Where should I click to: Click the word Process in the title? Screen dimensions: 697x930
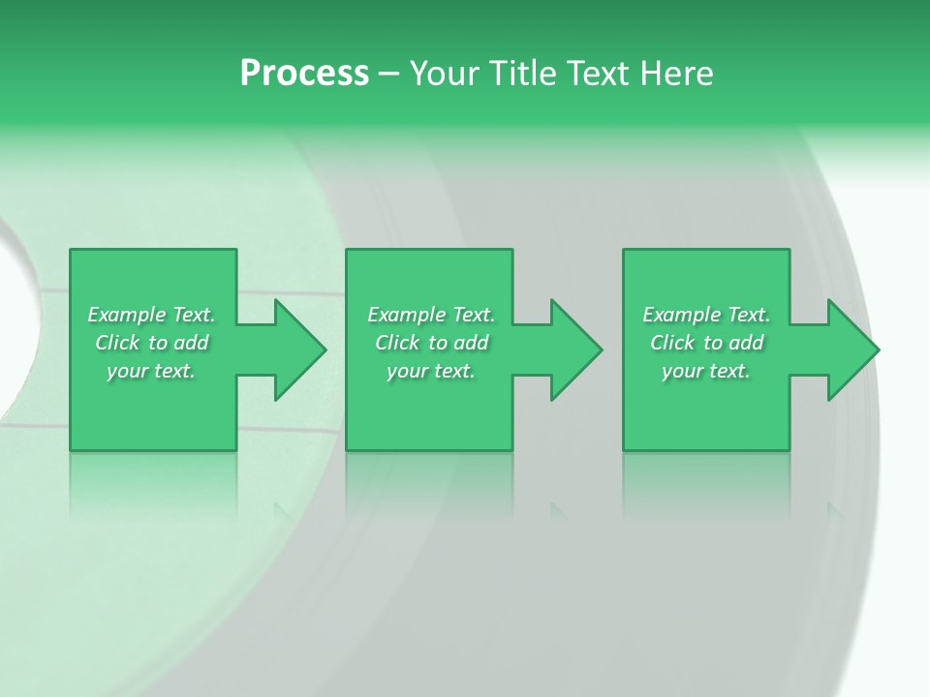point(304,74)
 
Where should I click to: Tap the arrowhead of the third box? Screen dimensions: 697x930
point(852,349)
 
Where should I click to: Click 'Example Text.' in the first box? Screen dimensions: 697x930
point(151,315)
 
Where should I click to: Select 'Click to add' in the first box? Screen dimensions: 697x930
point(151,343)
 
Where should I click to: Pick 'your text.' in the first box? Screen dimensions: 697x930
point(151,371)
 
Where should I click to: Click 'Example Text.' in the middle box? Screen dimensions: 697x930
point(431,315)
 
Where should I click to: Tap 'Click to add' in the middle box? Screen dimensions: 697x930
point(431,343)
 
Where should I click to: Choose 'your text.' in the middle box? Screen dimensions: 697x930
point(431,371)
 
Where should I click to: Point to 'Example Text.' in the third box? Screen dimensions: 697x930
point(706,315)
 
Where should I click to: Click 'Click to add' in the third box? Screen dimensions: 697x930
point(706,343)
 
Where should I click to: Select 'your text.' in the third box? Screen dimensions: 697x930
point(706,371)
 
